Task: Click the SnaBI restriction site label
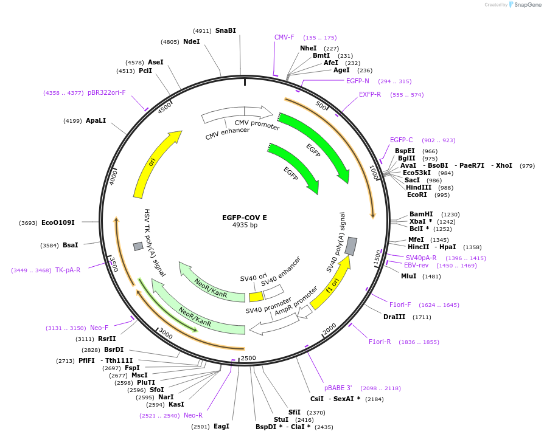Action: click(225, 30)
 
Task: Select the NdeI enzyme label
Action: click(191, 41)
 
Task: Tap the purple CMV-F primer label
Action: click(284, 37)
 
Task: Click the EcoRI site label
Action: click(417, 194)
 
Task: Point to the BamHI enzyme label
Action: click(421, 214)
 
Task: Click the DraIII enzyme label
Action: click(394, 317)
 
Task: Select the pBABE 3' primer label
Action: click(338, 388)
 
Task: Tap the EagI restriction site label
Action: click(221, 426)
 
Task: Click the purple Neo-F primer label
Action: click(99, 328)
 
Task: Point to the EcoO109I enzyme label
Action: click(58, 222)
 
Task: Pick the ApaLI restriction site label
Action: click(96, 120)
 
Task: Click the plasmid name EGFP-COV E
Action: click(245, 217)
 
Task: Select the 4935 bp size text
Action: click(245, 225)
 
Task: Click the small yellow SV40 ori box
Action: click(256, 297)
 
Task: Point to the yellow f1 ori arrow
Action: click(330, 283)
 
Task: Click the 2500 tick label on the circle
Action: click(248, 358)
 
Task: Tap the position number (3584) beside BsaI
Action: click(49, 245)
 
